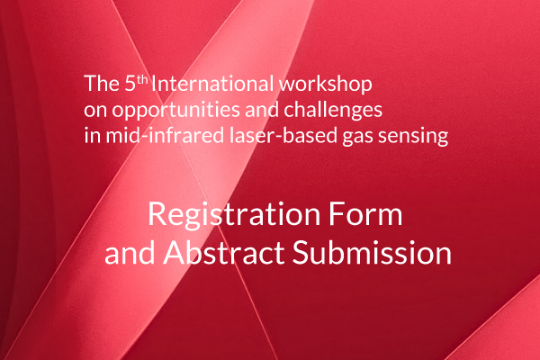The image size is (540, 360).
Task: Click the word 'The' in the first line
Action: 98,85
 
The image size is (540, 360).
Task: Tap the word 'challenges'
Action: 335,112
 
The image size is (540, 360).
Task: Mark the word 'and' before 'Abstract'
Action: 130,254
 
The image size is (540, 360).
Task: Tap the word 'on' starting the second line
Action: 94,112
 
